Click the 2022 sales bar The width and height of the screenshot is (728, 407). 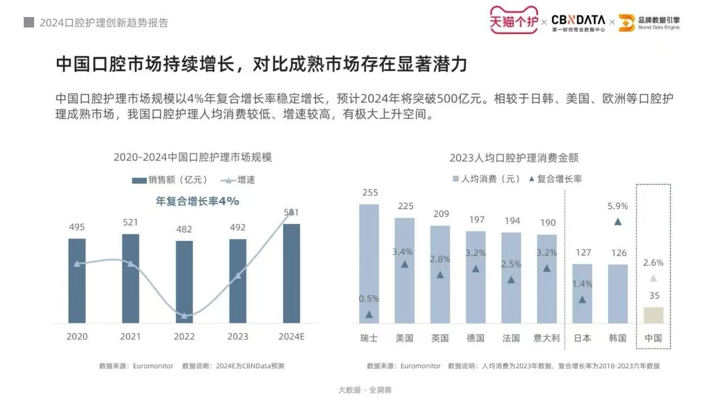[x=184, y=282]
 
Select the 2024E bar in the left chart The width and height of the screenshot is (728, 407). [x=291, y=273]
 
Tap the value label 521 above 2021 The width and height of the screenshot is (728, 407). [x=130, y=223]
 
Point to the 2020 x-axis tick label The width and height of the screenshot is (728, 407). [x=77, y=337]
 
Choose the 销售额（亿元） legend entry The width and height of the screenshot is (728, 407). [x=169, y=180]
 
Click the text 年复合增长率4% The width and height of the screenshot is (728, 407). [x=197, y=201]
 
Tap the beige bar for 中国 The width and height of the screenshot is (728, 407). [x=653, y=315]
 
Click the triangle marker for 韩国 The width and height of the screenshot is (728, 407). [x=618, y=221]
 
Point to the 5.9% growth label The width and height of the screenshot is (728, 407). [x=618, y=206]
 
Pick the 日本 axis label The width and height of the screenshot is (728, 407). [x=582, y=338]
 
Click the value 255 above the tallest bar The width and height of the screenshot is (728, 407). [x=370, y=193]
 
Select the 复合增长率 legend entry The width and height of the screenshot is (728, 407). [x=555, y=178]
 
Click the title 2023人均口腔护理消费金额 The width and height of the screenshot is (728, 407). [x=514, y=157]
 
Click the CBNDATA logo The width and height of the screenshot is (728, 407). [x=578, y=22]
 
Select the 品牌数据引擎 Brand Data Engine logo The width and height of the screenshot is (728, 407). [x=649, y=22]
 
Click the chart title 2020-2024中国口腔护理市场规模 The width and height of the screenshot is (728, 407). [x=193, y=157]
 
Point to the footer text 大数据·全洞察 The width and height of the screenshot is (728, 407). [x=365, y=390]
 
